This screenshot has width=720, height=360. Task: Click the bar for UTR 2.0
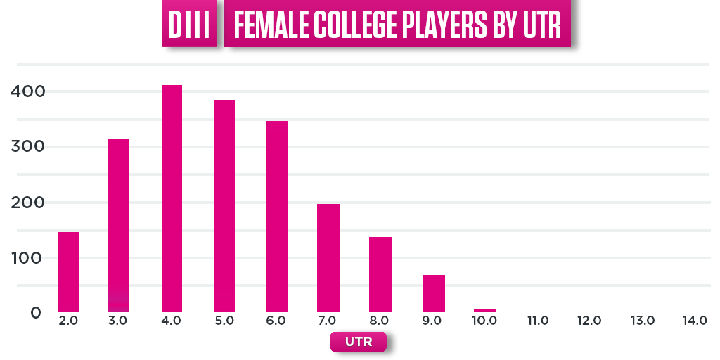coord(68,271)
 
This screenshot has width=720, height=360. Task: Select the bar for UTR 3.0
coord(118,225)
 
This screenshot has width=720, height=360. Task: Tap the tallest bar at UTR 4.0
coord(172,198)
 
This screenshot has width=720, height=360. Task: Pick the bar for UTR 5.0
coord(224,205)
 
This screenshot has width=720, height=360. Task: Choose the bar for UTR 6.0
coord(277,216)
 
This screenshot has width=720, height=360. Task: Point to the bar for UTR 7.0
coord(328,257)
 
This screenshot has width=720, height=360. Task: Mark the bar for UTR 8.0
coord(380,274)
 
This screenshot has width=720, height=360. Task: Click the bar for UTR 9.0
coord(433,293)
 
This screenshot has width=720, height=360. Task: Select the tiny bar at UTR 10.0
coord(484,310)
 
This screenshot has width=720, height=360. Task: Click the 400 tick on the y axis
coord(28,91)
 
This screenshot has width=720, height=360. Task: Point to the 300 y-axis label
coord(28,147)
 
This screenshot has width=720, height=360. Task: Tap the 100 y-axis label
coord(28,258)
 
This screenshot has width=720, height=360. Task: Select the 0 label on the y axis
coord(36,313)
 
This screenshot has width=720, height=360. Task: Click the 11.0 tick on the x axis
coord(538,321)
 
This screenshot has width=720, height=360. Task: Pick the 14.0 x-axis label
coord(694,321)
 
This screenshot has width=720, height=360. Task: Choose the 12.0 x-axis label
coord(589,321)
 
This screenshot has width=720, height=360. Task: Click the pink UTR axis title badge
coord(358,342)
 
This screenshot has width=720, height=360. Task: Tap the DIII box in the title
coord(189,27)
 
